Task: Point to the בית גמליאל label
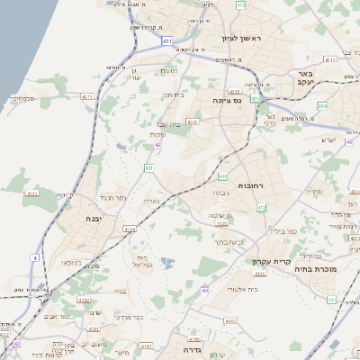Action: tap(144, 262)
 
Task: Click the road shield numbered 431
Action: tap(167, 41)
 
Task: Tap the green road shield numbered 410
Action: tap(222, 176)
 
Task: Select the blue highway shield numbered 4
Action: tap(34, 258)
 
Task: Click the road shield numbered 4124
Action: tap(129, 229)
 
